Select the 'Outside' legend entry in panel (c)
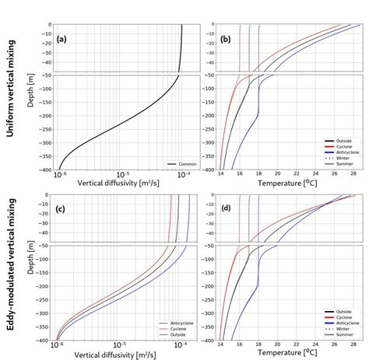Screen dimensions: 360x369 [x=174, y=335]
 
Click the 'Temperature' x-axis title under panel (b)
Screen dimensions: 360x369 [x=286, y=183]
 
